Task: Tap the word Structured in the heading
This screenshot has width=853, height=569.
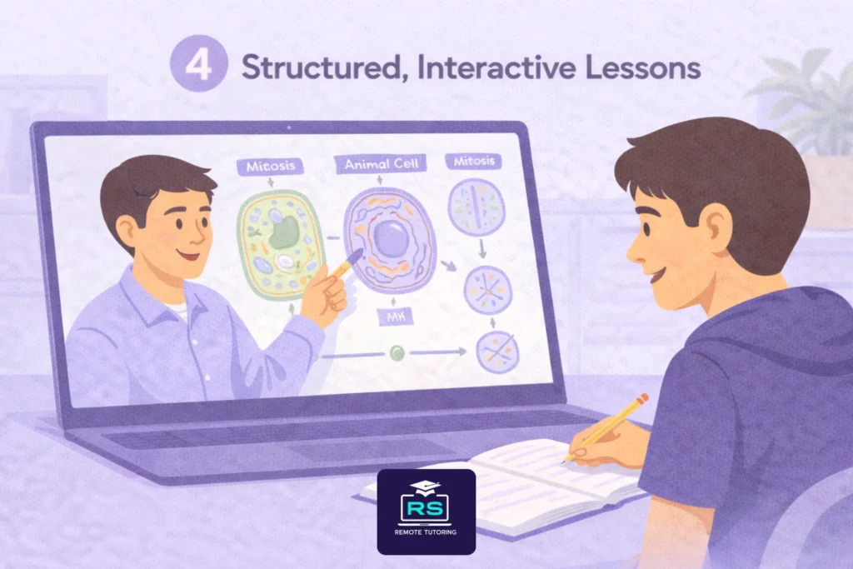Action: [312, 69]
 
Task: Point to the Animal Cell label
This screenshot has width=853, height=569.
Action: [379, 165]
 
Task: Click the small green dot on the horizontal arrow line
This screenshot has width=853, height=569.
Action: [397, 353]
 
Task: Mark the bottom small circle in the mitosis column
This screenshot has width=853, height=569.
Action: [496, 351]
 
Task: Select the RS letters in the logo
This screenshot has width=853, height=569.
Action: [426, 509]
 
